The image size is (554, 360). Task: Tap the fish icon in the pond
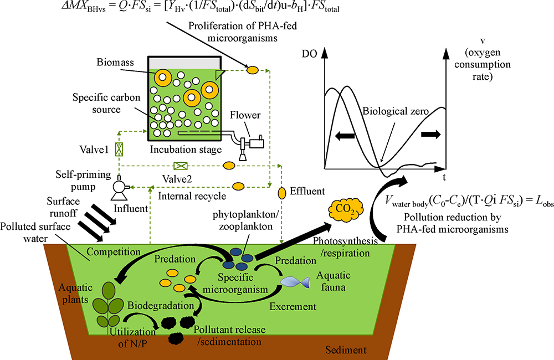[x=294, y=281]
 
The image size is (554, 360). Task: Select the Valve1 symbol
[x=119, y=149]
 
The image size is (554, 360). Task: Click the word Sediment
[x=346, y=349]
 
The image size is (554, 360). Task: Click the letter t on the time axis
[x=444, y=177]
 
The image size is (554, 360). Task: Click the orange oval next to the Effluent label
[x=281, y=192]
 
